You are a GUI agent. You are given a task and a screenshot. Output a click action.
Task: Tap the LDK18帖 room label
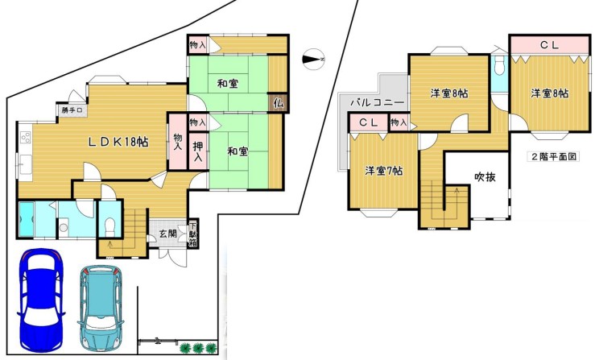[118, 142]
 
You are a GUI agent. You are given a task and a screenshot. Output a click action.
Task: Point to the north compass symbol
[313, 60]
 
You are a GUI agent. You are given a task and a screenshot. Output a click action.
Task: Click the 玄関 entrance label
[167, 234]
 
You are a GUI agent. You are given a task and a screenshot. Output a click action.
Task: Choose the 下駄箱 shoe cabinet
[193, 234]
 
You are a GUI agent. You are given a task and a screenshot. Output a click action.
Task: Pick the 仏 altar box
[279, 103]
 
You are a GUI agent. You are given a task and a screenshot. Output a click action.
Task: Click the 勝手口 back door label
[72, 110]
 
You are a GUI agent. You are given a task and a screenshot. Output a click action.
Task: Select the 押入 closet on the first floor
[198, 151]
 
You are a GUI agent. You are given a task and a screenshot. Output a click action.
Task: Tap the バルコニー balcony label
[377, 102]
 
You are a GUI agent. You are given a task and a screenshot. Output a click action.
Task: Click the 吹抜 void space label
[485, 177]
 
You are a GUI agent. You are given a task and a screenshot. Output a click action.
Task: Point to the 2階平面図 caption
[553, 156]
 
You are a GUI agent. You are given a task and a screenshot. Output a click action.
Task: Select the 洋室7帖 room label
[383, 171]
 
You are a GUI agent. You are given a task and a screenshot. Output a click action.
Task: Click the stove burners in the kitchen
[26, 137]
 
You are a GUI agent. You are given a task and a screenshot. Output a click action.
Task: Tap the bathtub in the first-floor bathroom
[27, 219]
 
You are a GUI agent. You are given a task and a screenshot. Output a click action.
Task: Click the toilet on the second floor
[500, 66]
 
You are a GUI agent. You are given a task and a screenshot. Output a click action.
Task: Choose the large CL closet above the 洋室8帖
[549, 45]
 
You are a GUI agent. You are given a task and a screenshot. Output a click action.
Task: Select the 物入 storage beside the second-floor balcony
[399, 122]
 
